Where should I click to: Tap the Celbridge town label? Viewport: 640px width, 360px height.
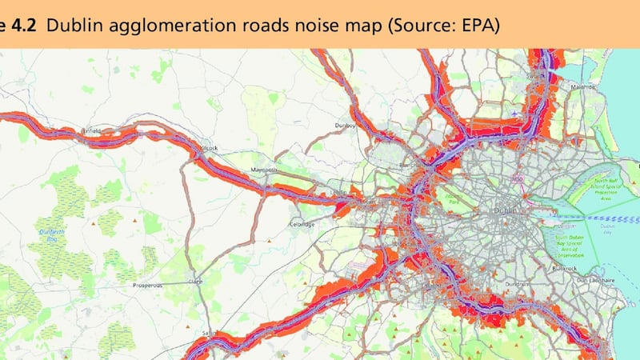(303, 225)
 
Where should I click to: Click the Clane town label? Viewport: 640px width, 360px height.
(194, 282)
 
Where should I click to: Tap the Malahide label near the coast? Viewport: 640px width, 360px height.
(582, 86)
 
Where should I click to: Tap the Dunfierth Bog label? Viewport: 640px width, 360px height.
(53, 234)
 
